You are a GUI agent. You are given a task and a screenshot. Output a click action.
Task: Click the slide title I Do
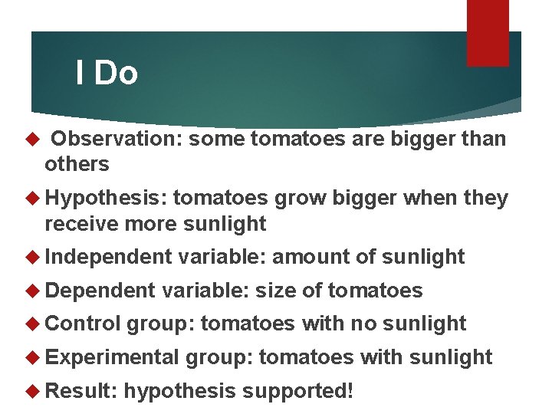(107, 74)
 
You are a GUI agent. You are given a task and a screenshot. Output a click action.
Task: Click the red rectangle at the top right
(488, 33)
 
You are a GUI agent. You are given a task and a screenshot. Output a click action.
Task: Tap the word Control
(83, 324)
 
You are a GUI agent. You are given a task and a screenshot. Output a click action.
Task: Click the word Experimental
(113, 357)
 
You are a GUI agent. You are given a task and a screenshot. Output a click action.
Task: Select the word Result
(80, 390)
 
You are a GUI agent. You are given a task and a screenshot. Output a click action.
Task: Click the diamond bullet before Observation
(32, 140)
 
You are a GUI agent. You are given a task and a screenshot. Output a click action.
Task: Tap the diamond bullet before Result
(32, 390)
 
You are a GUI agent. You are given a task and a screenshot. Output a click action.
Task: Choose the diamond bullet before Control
(32, 324)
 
